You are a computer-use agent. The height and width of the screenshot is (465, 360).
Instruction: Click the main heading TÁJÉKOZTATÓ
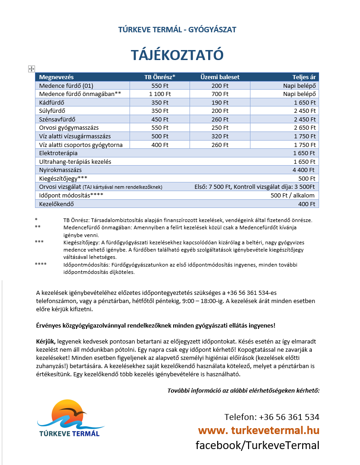(x=177, y=55)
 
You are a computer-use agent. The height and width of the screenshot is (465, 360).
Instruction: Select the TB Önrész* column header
(x=160, y=77)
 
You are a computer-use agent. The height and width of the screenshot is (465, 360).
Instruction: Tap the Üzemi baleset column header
(x=220, y=77)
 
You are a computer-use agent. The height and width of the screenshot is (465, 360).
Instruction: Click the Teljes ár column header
(x=304, y=77)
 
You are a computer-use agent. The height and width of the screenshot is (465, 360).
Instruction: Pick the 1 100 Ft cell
(x=160, y=94)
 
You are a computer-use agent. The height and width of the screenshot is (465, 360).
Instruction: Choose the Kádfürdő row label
(x=51, y=103)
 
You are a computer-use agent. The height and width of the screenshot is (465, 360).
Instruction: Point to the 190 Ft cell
(x=220, y=103)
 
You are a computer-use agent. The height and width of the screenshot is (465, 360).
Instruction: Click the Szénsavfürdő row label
(x=57, y=120)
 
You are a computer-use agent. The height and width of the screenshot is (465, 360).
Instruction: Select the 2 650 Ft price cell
(x=304, y=128)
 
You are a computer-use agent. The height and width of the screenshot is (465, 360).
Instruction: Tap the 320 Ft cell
(x=220, y=136)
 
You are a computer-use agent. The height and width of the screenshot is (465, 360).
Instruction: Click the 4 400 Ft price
(x=304, y=170)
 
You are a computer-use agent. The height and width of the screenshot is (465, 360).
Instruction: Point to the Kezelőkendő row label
(x=56, y=204)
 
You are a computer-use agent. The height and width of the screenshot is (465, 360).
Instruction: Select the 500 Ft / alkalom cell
(x=292, y=196)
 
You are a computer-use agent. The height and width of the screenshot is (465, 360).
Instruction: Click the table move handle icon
(x=31, y=69)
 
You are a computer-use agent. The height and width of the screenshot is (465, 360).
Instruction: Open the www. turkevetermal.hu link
(x=258, y=431)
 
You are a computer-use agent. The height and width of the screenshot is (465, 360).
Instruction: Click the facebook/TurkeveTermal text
(x=257, y=445)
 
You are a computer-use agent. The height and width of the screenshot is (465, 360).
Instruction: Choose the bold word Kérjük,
(x=46, y=341)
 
